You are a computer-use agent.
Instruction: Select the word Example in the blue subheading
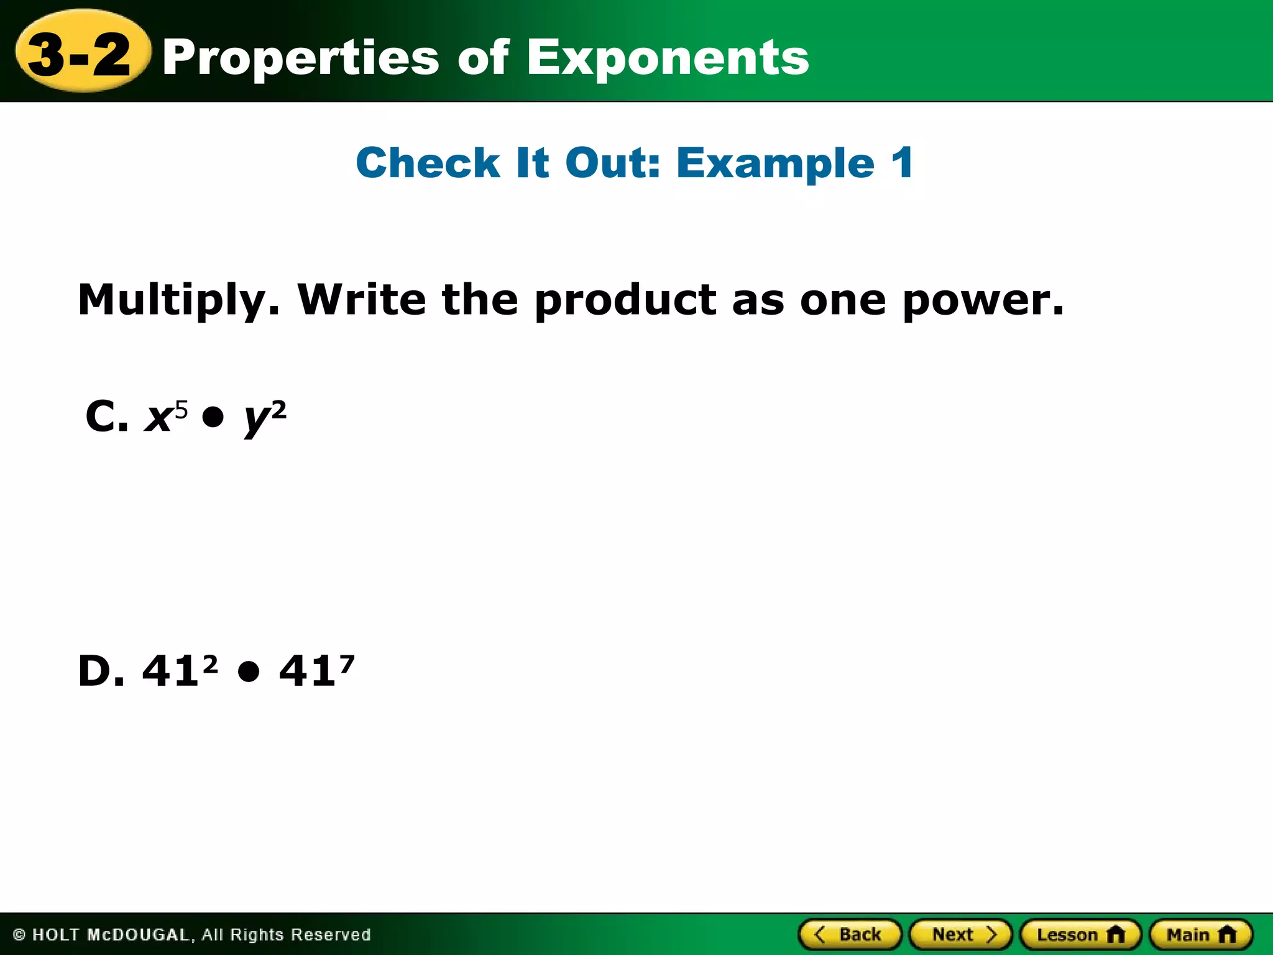775,164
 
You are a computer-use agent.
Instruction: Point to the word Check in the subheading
428,164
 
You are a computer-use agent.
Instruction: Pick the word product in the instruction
625,300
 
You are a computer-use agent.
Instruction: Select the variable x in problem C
159,418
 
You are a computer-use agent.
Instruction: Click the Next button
960,934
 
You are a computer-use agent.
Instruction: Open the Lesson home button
1080,934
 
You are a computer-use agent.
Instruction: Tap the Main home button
1200,934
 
